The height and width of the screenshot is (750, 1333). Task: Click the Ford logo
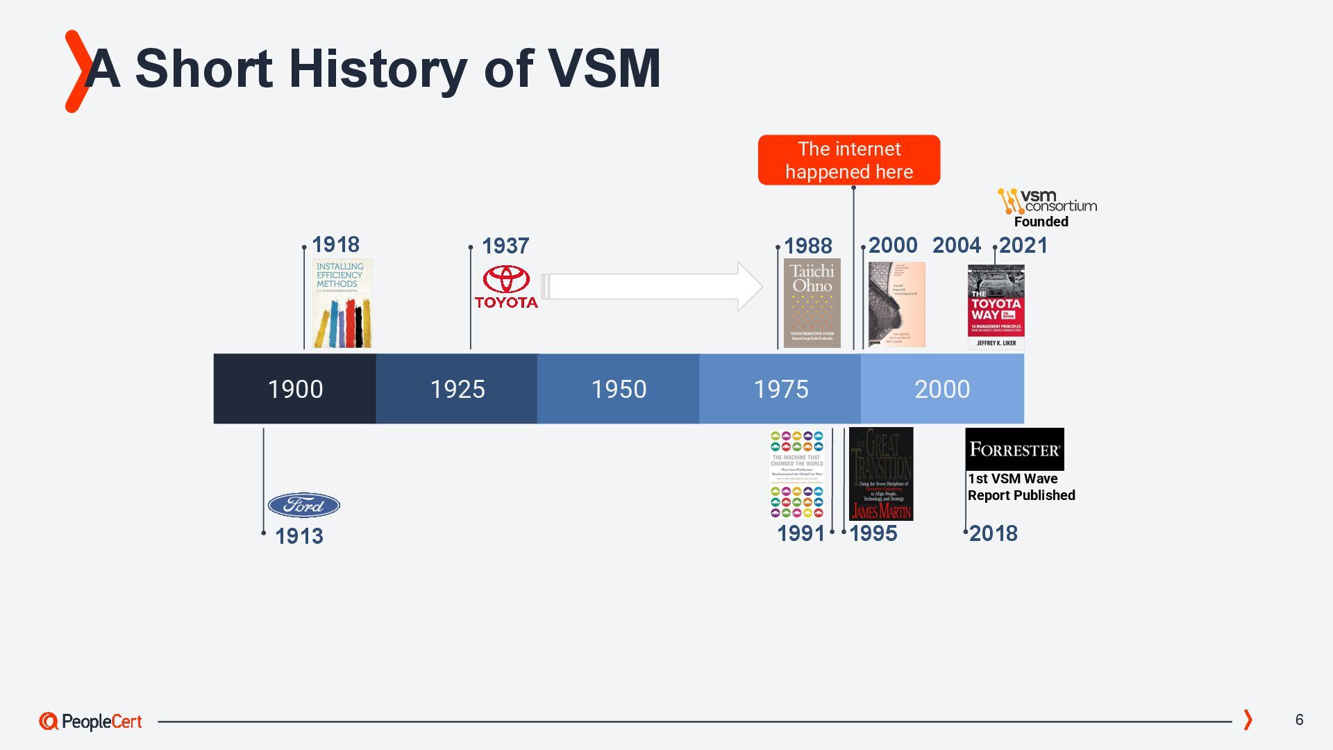303,505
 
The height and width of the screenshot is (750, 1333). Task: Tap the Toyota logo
506,286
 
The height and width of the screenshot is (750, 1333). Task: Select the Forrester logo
1014,449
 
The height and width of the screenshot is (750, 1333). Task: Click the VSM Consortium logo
1047,201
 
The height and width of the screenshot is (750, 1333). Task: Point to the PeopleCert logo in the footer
90,722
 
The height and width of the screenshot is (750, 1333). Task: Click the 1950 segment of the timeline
618,389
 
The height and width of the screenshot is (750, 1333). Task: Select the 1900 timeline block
295,389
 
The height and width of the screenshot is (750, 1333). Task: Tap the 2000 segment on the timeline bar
942,389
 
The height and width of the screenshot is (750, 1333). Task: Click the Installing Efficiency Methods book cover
342,303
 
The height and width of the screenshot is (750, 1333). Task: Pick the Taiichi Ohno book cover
812,303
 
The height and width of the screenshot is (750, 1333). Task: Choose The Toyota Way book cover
996,306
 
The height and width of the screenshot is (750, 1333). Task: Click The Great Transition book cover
881,474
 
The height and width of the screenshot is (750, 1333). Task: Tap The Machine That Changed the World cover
796,474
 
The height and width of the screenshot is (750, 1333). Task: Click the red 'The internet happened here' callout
848,160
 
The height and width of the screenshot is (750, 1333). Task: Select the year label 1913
299,536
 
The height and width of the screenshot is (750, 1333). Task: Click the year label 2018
993,533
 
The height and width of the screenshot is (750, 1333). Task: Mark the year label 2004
956,245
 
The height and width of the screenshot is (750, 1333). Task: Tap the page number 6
1299,719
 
